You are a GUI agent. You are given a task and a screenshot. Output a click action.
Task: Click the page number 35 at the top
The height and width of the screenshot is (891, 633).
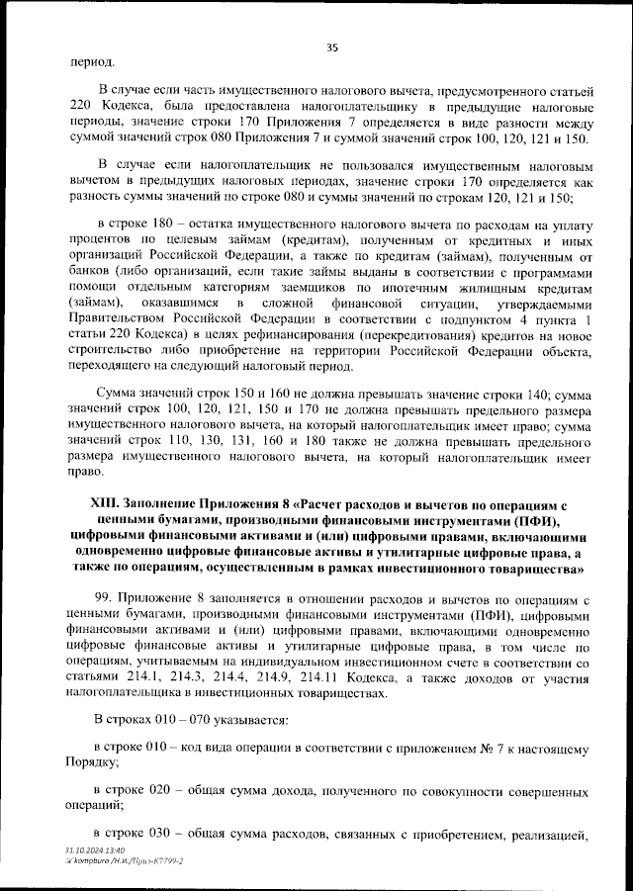coord(332,45)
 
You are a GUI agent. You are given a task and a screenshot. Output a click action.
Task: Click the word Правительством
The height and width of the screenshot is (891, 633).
coord(120,317)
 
